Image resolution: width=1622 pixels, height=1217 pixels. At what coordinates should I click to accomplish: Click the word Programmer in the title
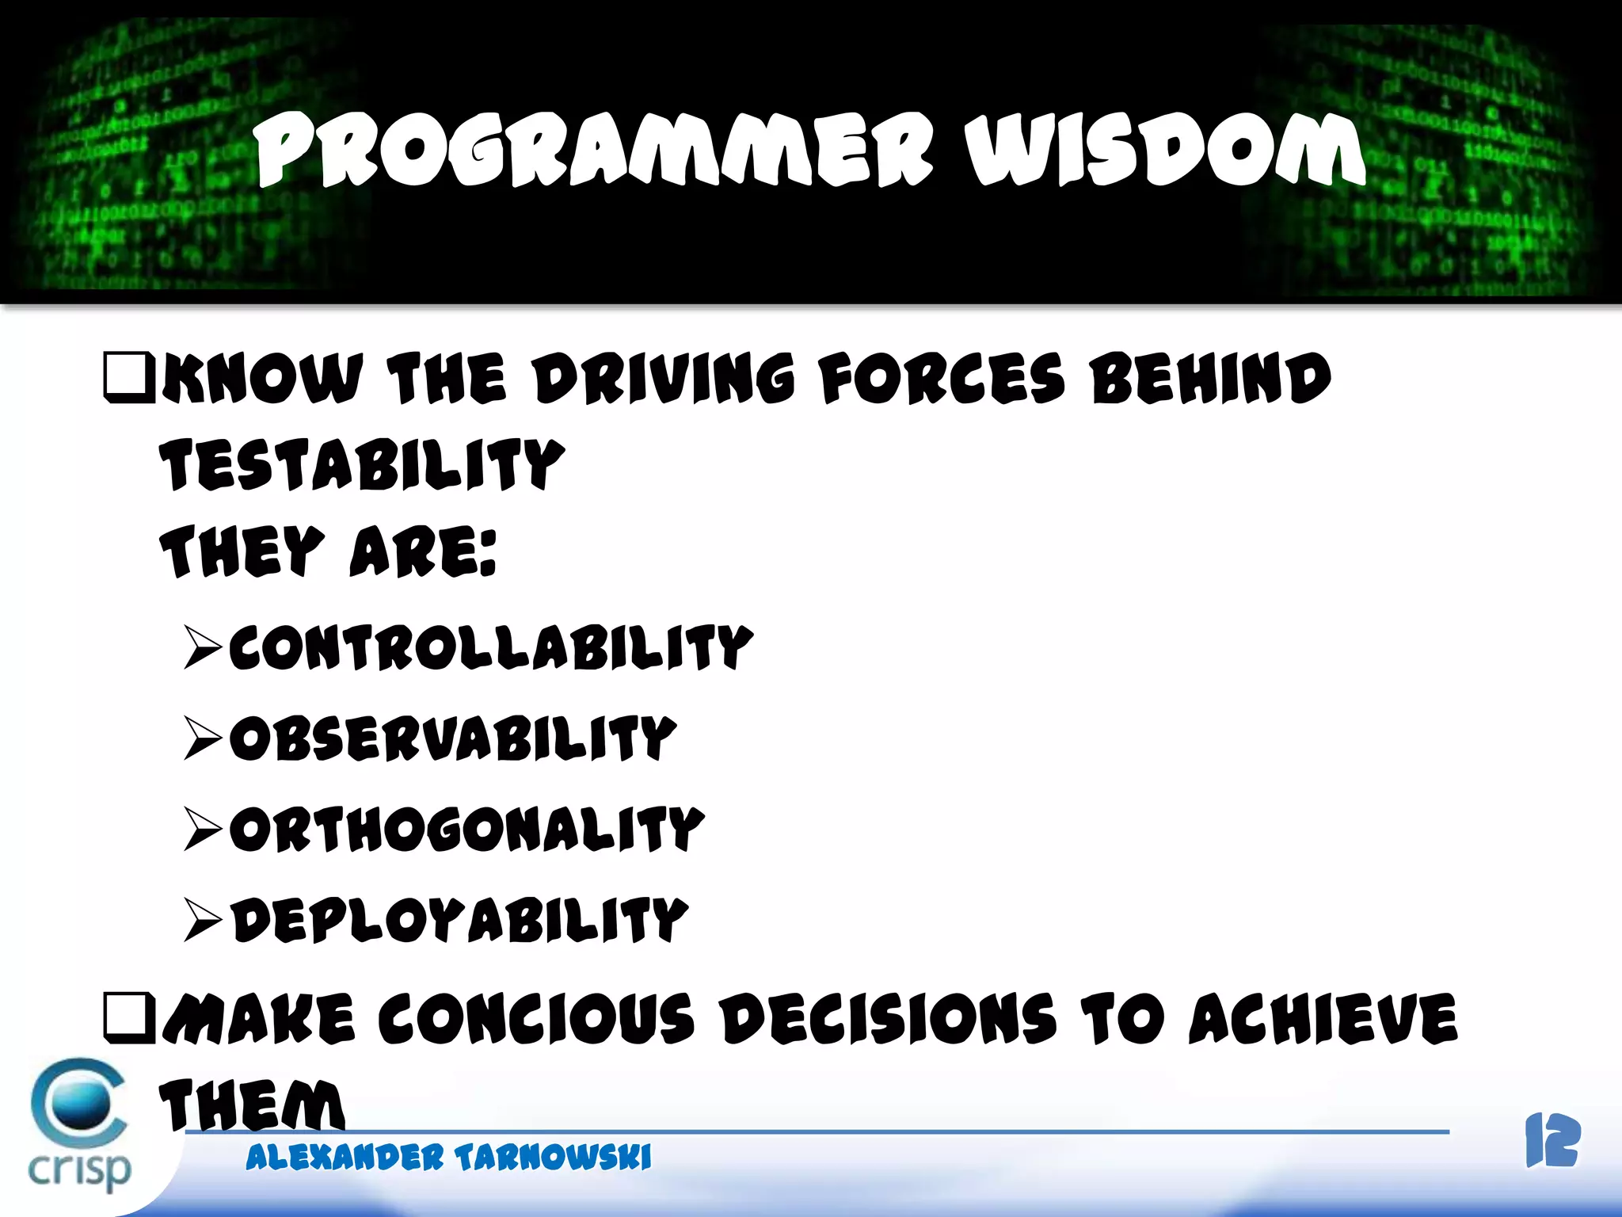[594, 151]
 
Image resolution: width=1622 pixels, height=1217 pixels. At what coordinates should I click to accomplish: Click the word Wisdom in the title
[1164, 151]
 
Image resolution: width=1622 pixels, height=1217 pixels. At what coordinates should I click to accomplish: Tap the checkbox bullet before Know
[129, 378]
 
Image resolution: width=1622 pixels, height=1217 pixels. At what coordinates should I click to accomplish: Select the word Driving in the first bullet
[663, 379]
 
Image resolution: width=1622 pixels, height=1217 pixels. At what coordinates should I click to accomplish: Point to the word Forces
[941, 379]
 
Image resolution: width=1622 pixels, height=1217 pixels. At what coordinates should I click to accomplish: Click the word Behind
[1210, 379]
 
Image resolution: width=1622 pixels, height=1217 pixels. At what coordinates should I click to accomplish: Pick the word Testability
[362, 464]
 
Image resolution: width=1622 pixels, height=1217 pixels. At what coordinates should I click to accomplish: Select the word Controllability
[491, 647]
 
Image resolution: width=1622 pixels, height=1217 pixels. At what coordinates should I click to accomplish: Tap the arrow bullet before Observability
[203, 738]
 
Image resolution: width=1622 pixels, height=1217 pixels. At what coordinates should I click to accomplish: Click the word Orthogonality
[467, 830]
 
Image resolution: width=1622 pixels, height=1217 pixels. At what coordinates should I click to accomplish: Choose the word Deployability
[459, 920]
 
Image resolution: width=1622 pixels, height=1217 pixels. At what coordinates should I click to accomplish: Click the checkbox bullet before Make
[129, 1018]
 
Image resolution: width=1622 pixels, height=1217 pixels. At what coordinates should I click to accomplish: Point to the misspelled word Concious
[536, 1019]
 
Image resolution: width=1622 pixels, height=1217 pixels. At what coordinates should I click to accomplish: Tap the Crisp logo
[79, 1125]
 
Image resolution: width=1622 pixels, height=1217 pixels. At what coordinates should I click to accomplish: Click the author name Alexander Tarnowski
[448, 1158]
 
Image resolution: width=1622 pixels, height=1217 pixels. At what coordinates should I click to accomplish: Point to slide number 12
[1552, 1141]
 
